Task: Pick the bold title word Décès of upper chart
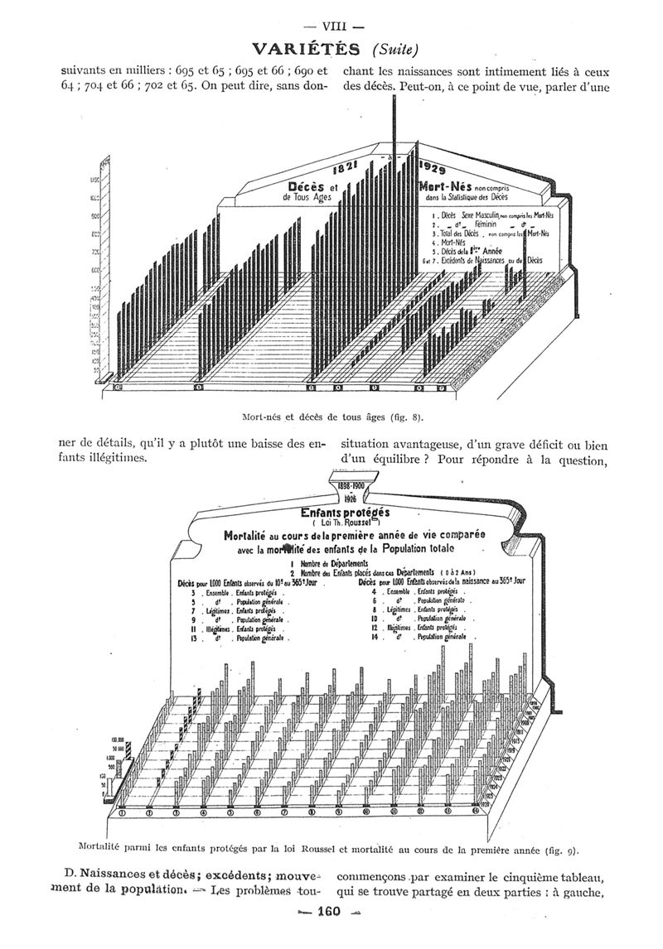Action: [310, 185]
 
